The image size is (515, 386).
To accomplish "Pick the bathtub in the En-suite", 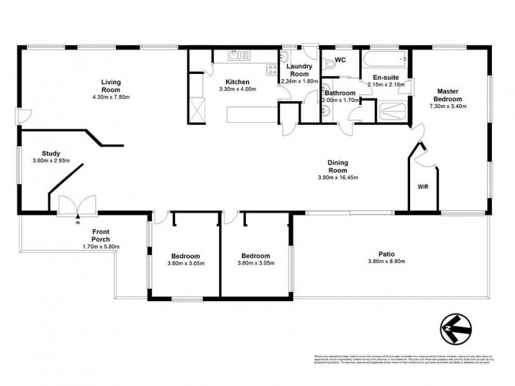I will click(384, 61).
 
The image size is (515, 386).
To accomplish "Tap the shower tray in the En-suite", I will click(391, 112).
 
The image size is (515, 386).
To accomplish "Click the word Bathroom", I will click(340, 93).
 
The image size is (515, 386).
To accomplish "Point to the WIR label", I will click(423, 187).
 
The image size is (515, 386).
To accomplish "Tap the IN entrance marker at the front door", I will click(77, 223).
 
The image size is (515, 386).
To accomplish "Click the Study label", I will click(51, 153).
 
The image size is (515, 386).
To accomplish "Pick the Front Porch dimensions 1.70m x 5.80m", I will click(102, 246).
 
